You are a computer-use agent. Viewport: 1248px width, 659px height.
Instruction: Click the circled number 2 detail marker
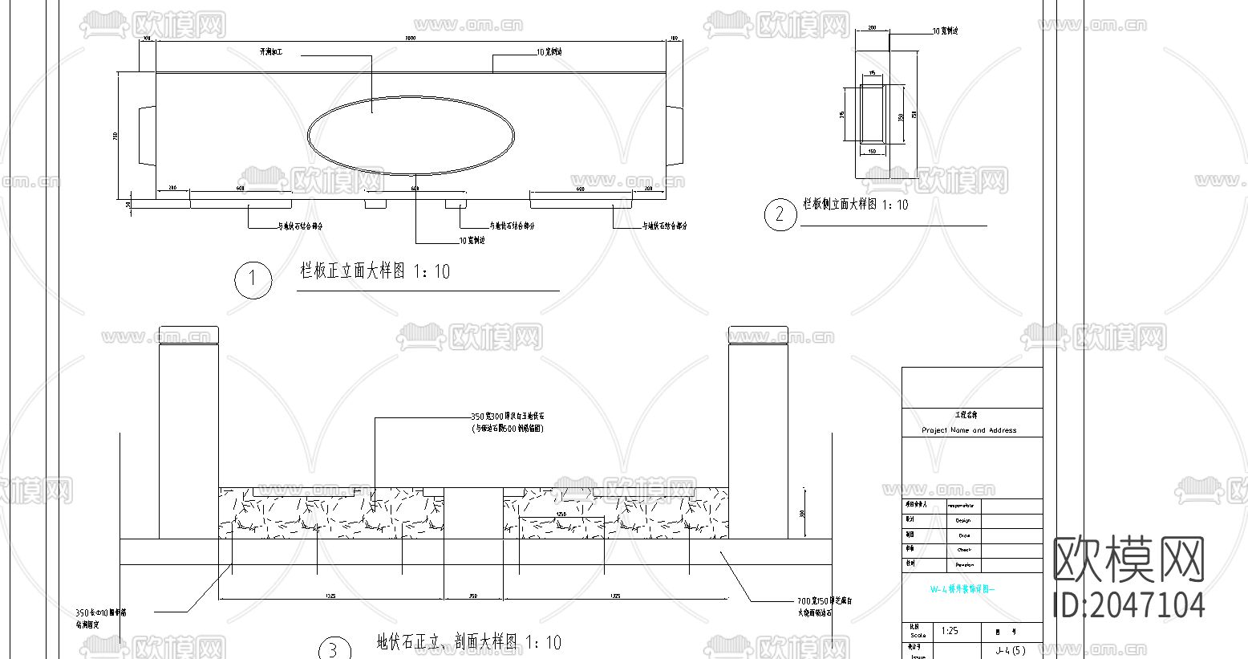click(x=780, y=214)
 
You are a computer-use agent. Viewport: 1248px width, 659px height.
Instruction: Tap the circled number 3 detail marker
click(x=334, y=649)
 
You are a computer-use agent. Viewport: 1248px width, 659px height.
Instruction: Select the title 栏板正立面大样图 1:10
click(x=375, y=271)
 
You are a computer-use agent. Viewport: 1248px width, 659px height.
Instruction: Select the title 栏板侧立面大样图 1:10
click(x=856, y=205)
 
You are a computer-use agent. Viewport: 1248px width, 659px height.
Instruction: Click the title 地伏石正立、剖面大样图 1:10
click(x=469, y=641)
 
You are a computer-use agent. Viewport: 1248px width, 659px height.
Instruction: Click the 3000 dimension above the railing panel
click(x=410, y=38)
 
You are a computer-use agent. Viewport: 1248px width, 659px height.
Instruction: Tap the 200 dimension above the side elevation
click(x=872, y=28)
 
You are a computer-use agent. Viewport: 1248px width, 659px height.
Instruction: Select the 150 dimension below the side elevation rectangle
click(x=873, y=150)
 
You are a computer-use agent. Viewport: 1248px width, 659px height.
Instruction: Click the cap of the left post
click(x=188, y=335)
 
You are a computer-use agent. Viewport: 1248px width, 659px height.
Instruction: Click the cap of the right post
click(x=758, y=335)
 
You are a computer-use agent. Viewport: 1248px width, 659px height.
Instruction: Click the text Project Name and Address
click(x=968, y=430)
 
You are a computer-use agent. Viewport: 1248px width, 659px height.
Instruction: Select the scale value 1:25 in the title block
click(x=950, y=631)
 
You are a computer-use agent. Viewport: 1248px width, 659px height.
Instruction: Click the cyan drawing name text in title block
click(x=962, y=588)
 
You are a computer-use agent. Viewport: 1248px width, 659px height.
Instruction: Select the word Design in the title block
click(x=963, y=521)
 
